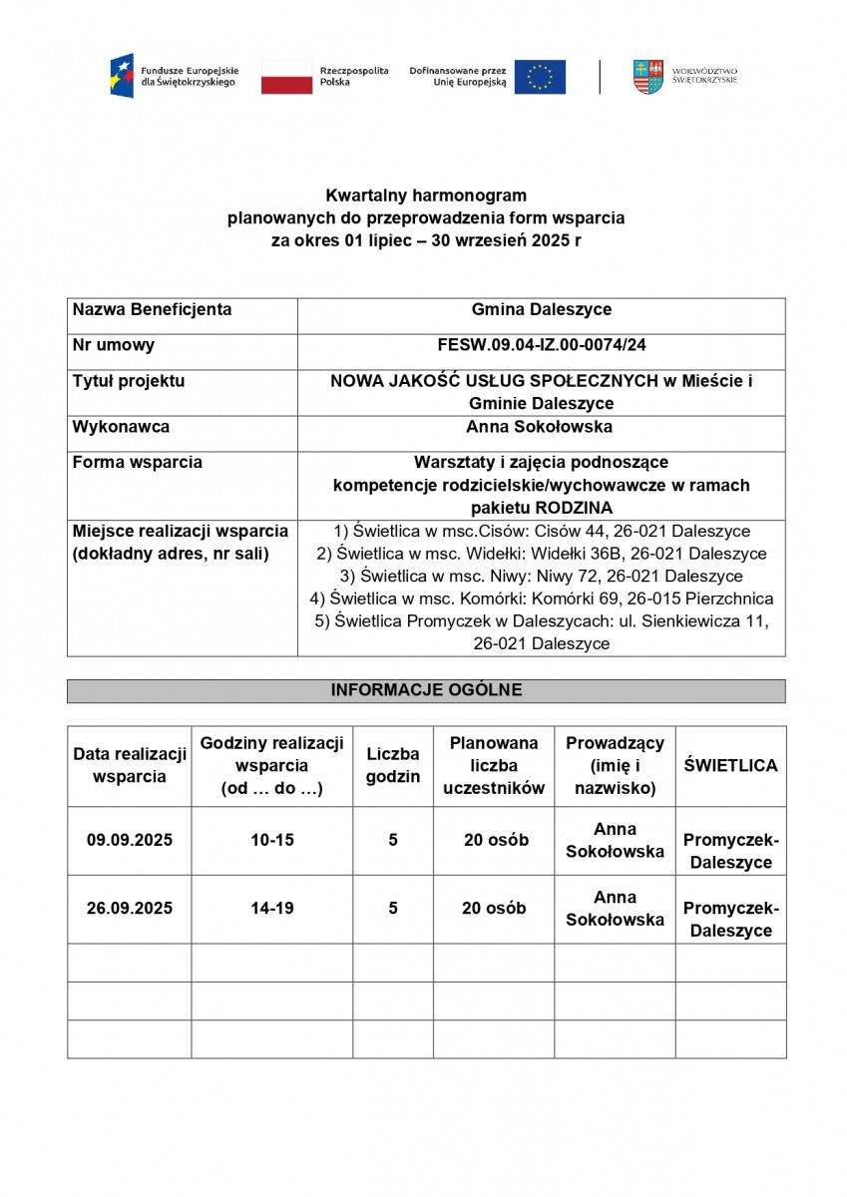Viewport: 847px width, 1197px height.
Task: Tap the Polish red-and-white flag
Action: click(286, 77)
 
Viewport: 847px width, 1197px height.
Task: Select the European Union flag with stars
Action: click(540, 77)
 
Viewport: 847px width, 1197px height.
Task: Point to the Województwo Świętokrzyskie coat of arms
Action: click(646, 77)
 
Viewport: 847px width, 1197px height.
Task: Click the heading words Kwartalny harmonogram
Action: click(426, 196)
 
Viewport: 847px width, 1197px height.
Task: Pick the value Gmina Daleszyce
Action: click(542, 309)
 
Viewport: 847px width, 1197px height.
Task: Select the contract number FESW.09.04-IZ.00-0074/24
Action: click(542, 345)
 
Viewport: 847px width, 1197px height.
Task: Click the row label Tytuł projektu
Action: click(129, 381)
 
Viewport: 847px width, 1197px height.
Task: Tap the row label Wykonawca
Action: click(121, 427)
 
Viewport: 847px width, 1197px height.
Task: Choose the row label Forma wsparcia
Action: click(138, 463)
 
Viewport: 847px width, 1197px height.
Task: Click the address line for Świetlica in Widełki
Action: click(542, 554)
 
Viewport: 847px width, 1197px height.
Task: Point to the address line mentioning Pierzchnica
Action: click(542, 598)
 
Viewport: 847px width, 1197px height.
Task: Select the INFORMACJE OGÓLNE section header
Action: click(426, 690)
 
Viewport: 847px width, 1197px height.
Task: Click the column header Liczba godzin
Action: click(393, 765)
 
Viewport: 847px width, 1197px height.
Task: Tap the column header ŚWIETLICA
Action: click(730, 765)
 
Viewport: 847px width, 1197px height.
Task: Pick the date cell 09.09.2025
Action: click(130, 840)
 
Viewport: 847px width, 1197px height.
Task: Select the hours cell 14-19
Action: click(272, 908)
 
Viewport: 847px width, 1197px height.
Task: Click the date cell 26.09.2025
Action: click(130, 908)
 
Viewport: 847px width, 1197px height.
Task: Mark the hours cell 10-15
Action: click(272, 840)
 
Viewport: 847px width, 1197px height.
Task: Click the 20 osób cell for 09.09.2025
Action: click(494, 840)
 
